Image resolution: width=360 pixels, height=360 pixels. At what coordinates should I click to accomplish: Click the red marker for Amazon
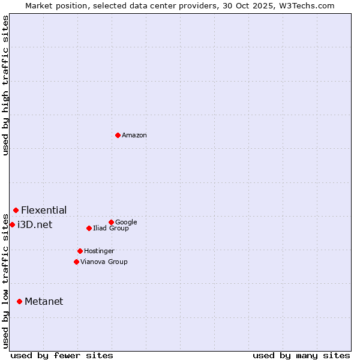118,135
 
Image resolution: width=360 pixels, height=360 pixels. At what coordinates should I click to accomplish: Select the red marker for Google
111,222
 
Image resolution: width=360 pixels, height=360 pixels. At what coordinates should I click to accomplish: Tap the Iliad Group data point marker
89,228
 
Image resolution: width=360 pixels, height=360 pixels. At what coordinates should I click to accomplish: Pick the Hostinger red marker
80,251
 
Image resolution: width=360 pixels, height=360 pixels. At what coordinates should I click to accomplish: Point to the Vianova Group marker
76,262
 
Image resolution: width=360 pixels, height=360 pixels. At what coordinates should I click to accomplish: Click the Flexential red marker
16,210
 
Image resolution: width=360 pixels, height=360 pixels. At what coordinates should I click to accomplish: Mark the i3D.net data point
12,224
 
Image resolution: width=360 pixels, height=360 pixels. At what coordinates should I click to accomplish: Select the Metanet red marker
19,301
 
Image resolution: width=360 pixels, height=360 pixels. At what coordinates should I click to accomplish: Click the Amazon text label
134,136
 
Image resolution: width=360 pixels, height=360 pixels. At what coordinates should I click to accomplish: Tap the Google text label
126,222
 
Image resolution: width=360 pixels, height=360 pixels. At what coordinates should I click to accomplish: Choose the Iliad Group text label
111,228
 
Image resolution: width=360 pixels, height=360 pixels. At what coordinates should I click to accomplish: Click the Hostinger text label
99,251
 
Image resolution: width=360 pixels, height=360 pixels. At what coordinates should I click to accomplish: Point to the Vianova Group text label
104,262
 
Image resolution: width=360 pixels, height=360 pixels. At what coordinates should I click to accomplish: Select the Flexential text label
44,210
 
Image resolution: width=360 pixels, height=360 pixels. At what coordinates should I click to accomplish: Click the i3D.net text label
35,224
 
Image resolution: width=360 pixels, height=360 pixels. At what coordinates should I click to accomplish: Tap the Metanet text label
44,301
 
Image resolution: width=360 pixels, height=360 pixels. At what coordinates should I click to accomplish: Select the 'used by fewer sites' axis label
62,355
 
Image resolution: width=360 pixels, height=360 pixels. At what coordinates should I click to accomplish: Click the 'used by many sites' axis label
301,355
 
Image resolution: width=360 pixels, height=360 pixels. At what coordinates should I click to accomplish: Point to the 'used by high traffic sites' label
5,85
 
